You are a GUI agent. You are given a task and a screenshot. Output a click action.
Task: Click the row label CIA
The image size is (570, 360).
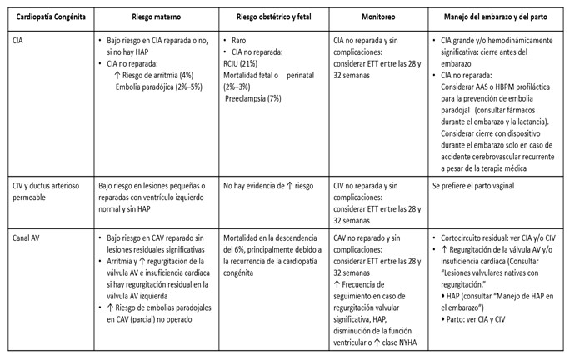(18, 39)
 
